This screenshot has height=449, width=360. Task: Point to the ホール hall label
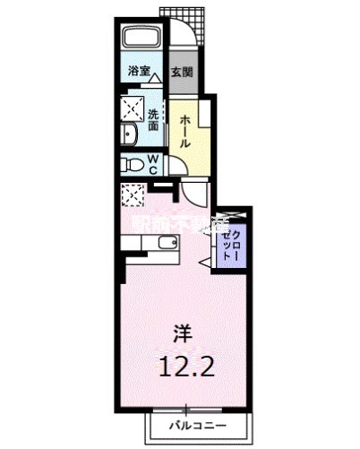click(184, 131)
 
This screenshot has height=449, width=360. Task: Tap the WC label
click(153, 164)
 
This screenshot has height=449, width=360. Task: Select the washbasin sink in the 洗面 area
click(129, 134)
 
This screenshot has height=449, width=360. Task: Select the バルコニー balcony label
click(196, 427)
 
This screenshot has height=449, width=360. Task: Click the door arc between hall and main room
click(196, 191)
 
